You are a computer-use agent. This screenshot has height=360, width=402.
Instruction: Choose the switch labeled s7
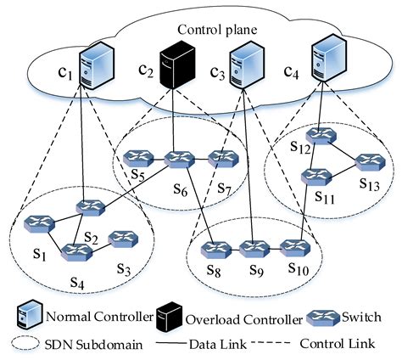(220, 158)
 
